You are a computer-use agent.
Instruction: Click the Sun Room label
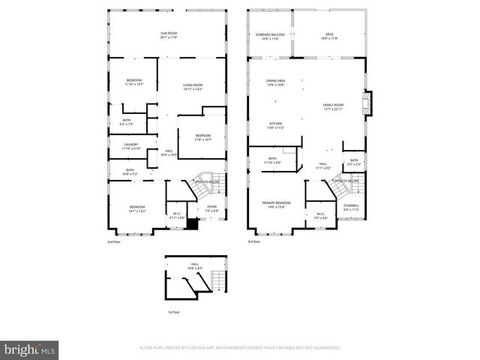(x=168, y=34)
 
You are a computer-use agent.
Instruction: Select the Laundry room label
(x=130, y=146)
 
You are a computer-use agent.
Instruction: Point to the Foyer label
(x=212, y=209)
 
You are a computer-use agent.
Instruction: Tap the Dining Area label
(x=275, y=82)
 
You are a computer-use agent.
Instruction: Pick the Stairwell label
(x=351, y=207)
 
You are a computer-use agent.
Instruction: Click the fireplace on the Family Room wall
(x=367, y=103)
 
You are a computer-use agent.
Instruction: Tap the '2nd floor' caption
(x=114, y=241)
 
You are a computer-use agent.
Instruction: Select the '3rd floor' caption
(x=255, y=241)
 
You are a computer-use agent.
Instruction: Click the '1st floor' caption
(x=175, y=312)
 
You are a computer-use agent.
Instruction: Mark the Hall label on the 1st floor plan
(x=194, y=266)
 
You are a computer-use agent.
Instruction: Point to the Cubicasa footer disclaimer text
(x=240, y=348)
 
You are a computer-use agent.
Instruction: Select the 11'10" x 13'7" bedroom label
(x=133, y=82)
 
